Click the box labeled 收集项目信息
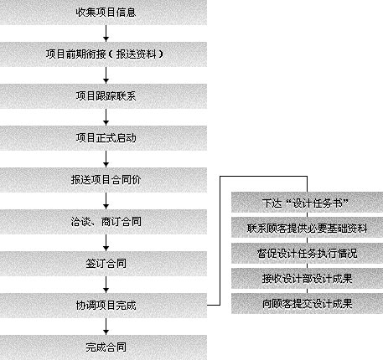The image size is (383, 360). click(x=103, y=13)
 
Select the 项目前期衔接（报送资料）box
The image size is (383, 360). click(x=103, y=54)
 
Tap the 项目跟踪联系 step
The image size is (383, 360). click(x=103, y=96)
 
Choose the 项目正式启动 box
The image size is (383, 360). click(x=103, y=138)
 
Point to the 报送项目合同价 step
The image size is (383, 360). click(x=103, y=180)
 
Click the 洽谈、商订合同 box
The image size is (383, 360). click(x=103, y=222)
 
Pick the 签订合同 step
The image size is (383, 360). click(x=103, y=264)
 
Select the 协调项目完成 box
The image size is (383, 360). click(x=103, y=306)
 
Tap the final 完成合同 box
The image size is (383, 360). click(x=103, y=347)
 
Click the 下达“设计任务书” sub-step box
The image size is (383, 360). click(x=307, y=203)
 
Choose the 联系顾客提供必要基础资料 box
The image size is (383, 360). click(x=307, y=228)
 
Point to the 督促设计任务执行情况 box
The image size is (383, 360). click(x=307, y=253)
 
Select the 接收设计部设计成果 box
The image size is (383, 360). click(x=307, y=278)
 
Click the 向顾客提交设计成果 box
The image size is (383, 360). click(x=307, y=303)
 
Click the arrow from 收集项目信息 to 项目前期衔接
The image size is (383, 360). click(x=106, y=33)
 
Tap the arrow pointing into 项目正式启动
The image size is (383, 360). click(x=106, y=117)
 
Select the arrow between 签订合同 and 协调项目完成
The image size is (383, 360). click(x=106, y=285)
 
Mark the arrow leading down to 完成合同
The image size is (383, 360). click(x=106, y=327)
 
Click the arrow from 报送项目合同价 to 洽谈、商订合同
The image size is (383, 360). click(x=106, y=201)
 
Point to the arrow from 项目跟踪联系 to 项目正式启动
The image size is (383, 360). click(x=106, y=117)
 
